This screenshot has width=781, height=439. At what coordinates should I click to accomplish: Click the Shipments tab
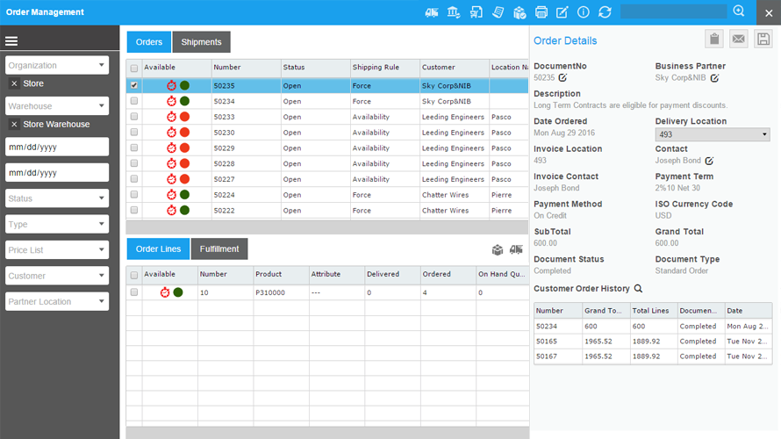[201, 42]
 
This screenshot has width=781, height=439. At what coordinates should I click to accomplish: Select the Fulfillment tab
[219, 249]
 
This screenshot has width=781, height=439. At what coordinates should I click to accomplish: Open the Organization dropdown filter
[57, 65]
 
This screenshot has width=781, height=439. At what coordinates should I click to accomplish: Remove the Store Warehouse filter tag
[14, 125]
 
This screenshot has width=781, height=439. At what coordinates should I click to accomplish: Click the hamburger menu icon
[11, 41]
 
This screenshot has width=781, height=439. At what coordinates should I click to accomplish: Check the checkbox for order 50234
[134, 102]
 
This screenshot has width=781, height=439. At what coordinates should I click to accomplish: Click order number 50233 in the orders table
[224, 117]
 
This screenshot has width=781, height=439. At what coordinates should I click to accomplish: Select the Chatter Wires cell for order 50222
[446, 211]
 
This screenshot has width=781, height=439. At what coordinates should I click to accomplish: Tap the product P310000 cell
[269, 292]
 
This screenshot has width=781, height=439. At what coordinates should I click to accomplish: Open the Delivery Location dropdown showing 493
[712, 134]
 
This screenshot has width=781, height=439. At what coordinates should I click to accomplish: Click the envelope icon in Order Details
[739, 39]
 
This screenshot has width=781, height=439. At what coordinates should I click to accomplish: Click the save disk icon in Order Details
[763, 39]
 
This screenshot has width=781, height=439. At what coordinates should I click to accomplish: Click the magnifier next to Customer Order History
[638, 289]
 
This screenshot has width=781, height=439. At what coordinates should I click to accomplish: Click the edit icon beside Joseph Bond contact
[708, 161]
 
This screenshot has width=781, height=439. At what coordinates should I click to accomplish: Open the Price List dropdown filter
[57, 250]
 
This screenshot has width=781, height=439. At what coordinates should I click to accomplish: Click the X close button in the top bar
[769, 12]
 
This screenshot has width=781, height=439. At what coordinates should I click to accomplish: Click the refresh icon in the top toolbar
[605, 12]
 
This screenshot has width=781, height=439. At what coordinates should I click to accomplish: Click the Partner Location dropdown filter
[57, 301]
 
